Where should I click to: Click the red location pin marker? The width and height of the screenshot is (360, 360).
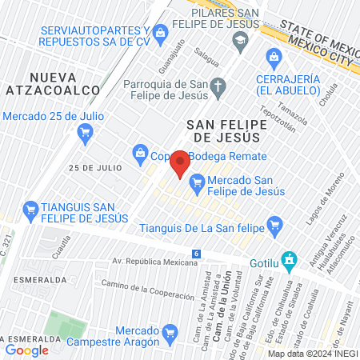[179, 164]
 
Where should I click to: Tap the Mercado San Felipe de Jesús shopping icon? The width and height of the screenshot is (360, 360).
[196, 185]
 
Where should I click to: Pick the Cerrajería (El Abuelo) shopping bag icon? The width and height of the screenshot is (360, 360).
[274, 56]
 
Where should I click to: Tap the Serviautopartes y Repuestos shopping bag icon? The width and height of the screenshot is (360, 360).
[160, 32]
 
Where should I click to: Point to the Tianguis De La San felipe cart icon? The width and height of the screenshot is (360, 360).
[276, 225]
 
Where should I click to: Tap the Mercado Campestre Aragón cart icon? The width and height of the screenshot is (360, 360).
[168, 331]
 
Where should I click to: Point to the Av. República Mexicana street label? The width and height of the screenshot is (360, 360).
[154, 261]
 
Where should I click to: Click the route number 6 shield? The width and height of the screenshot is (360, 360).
[196, 254]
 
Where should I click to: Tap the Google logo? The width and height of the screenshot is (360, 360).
[26, 350]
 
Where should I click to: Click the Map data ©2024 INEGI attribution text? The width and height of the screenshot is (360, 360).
[311, 354]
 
